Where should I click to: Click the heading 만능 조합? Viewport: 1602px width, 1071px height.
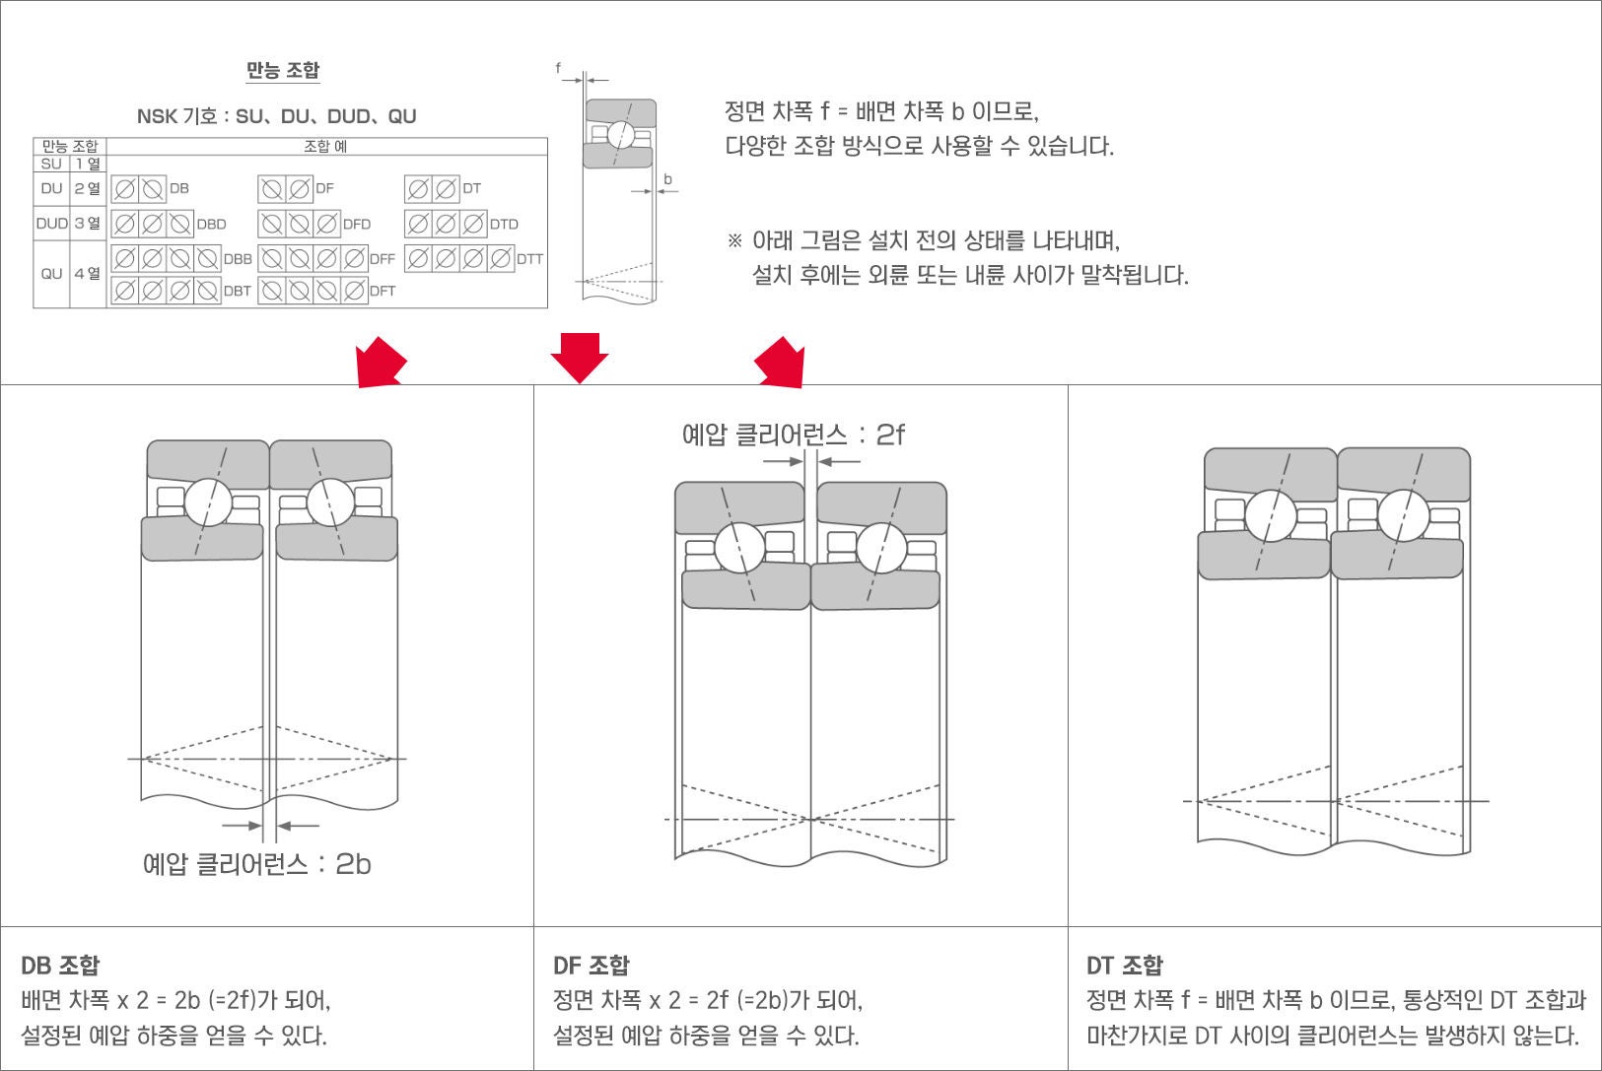(283, 70)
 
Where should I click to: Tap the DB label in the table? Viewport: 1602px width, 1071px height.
(178, 188)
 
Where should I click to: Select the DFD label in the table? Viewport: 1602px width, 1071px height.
(357, 224)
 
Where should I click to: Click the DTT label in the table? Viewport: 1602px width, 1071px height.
(529, 258)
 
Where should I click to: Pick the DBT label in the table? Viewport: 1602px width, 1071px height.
(237, 291)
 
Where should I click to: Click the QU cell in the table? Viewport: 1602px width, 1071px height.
(51, 273)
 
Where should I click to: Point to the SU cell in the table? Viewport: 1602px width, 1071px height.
(51, 164)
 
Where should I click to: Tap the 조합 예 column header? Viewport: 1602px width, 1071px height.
(325, 146)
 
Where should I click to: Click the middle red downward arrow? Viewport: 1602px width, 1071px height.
(579, 357)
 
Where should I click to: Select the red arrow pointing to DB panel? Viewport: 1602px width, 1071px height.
(381, 362)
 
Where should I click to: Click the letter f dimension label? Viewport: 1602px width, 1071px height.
(558, 68)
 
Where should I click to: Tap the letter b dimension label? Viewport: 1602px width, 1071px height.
(667, 179)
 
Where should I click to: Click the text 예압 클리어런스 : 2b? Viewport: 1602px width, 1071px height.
(256, 864)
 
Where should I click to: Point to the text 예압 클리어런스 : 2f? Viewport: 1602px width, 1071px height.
(793, 435)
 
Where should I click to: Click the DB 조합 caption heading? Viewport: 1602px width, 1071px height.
(60, 965)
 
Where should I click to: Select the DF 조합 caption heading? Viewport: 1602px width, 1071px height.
(592, 965)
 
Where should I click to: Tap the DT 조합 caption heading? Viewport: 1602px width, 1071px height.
(1125, 965)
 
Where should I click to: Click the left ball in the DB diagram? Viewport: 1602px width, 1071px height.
(207, 503)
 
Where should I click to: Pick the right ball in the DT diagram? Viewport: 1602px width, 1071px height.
(1403, 515)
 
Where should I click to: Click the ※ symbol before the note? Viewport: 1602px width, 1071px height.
(733, 240)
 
